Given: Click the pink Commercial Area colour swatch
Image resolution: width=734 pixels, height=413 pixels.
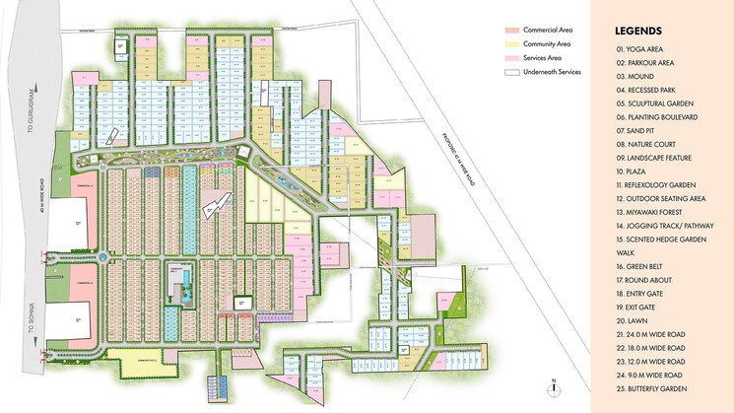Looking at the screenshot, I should point(512,32).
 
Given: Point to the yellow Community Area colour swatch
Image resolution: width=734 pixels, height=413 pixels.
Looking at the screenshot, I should point(512,44).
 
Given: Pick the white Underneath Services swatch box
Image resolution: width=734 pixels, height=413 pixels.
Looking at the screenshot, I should point(512,72).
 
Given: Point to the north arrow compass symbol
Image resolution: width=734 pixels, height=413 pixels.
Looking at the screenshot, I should point(555,385).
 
